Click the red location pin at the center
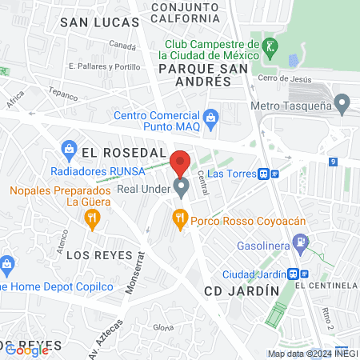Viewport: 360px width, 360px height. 181,162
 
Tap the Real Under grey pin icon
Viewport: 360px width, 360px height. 182,188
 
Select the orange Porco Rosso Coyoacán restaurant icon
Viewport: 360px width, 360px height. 181,216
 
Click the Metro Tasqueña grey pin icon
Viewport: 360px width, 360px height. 342,103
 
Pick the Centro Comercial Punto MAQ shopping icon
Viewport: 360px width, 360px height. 211,119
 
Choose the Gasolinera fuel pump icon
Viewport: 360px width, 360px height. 300,241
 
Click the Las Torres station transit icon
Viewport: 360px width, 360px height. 268,173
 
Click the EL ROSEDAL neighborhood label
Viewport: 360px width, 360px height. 123,152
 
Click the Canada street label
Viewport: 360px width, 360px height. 122,46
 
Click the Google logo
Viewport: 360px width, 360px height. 26,350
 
